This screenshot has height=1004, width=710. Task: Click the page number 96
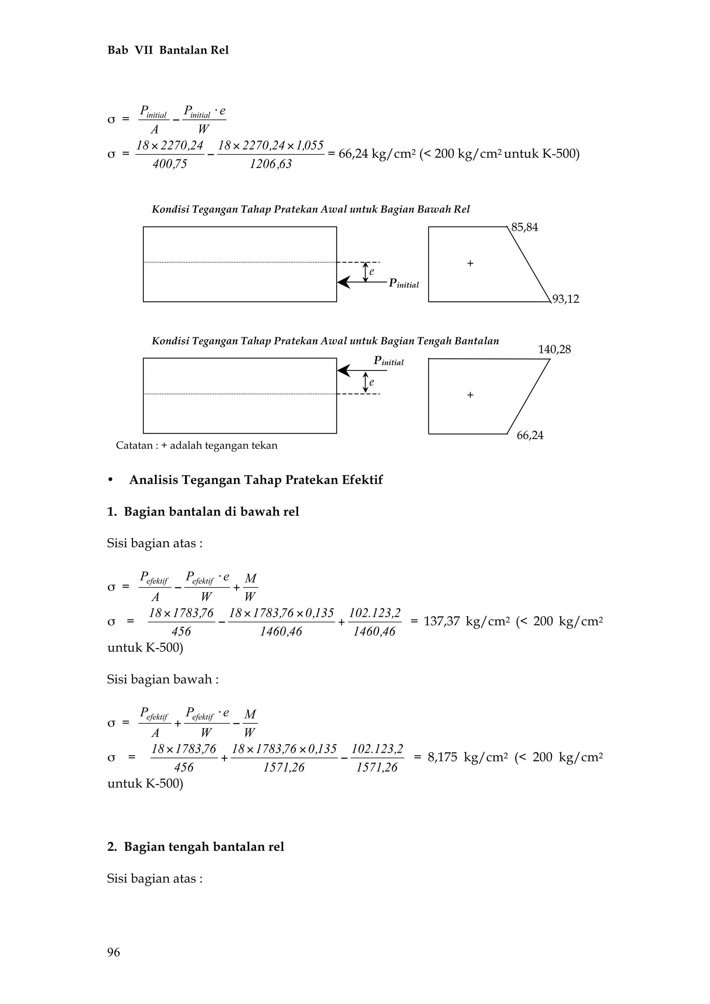(x=113, y=952)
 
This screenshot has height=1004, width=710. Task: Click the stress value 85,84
(x=525, y=227)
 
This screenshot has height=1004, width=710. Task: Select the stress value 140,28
(x=554, y=349)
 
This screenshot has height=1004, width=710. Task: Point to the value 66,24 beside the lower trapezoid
(x=530, y=435)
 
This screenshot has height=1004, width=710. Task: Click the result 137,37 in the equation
(x=442, y=622)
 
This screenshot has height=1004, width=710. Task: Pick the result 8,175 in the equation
(x=442, y=757)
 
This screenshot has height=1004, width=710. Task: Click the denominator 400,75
(x=170, y=164)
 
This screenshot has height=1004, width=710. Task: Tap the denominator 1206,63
(x=271, y=164)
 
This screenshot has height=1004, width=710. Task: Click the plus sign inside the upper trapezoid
(x=470, y=263)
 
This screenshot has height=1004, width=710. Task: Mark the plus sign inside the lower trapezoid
(x=470, y=395)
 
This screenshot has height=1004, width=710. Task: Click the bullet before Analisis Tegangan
(x=111, y=480)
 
